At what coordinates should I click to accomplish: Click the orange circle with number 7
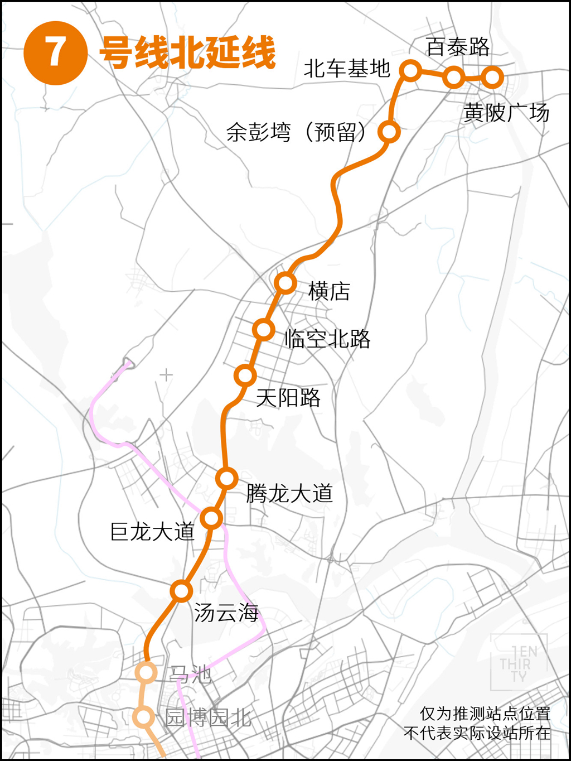tap(55, 53)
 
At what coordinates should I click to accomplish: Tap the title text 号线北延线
tap(187, 53)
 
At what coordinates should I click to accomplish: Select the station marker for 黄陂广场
tap(492, 77)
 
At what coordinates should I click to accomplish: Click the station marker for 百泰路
tap(454, 77)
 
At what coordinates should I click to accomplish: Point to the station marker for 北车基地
tap(410, 70)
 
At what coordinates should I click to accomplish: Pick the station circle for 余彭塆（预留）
tap(389, 132)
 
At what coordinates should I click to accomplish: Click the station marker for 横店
tap(285, 283)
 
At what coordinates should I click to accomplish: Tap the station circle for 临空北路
tap(263, 330)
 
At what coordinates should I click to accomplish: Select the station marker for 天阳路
tap(245, 375)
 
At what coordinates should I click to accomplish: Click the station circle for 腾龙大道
tap(227, 478)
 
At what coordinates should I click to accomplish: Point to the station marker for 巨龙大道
tap(211, 518)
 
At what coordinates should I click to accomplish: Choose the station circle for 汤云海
tap(181, 591)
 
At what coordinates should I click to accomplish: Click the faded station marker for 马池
tap(146, 672)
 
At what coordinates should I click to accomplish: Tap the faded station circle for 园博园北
tap(143, 716)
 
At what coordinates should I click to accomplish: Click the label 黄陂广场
tap(506, 113)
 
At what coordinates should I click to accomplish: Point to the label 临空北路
tap(327, 339)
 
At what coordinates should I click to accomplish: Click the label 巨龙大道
tap(152, 532)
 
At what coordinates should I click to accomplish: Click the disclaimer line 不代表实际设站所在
tap(477, 733)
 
